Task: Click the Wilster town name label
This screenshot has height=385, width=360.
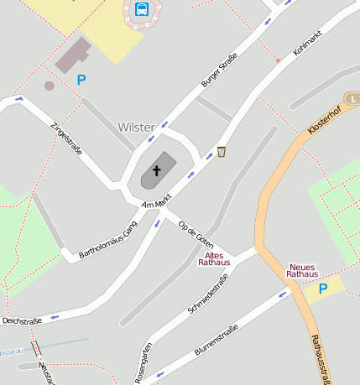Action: (x=137, y=127)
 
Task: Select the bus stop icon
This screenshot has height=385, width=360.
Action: (x=142, y=10)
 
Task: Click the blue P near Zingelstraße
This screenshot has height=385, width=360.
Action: (x=81, y=81)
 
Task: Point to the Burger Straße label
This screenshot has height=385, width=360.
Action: (x=220, y=70)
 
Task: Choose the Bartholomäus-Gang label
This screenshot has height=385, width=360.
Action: (x=107, y=240)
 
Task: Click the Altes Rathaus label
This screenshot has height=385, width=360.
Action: (x=214, y=258)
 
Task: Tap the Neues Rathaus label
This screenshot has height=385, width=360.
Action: (x=302, y=270)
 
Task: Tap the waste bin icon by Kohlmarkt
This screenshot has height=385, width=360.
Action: (x=222, y=152)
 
